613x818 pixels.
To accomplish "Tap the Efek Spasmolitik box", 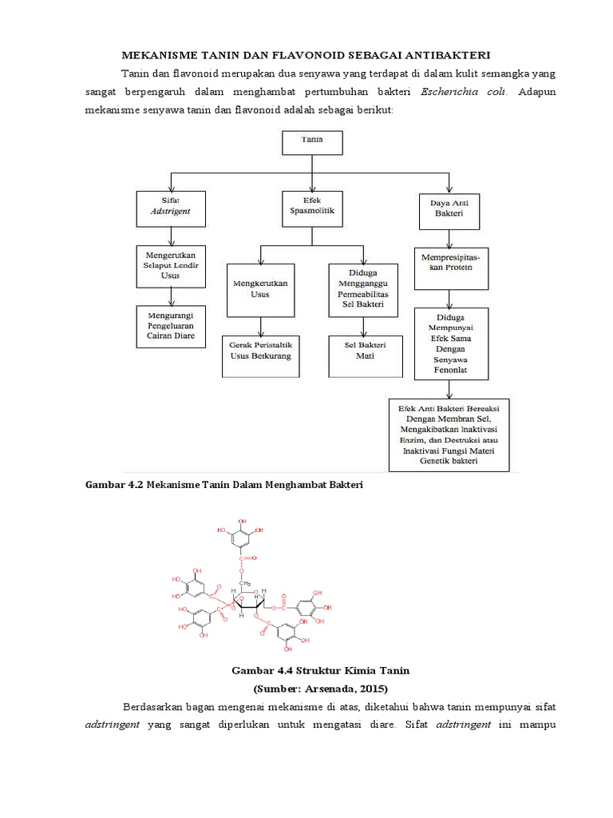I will click(x=311, y=209).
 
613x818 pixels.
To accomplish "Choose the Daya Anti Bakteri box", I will click(x=448, y=208).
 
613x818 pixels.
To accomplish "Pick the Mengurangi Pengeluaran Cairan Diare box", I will click(x=171, y=325).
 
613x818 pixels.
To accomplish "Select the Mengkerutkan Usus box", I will click(x=261, y=288).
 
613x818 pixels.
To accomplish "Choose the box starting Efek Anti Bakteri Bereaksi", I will click(x=450, y=435).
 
